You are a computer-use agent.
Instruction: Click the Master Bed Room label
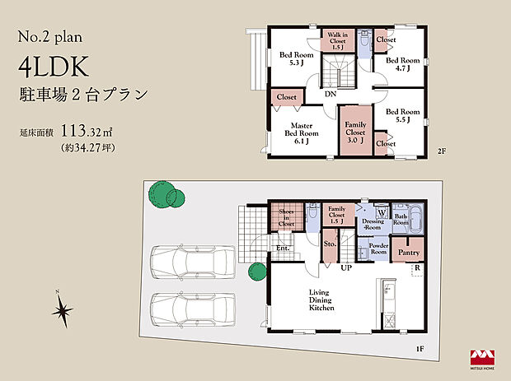[302, 132]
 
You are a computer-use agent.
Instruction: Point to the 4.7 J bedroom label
[404, 65]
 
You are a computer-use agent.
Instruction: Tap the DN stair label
[330, 95]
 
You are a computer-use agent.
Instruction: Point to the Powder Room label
[378, 249]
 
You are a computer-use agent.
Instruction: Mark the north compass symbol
[61, 311]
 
